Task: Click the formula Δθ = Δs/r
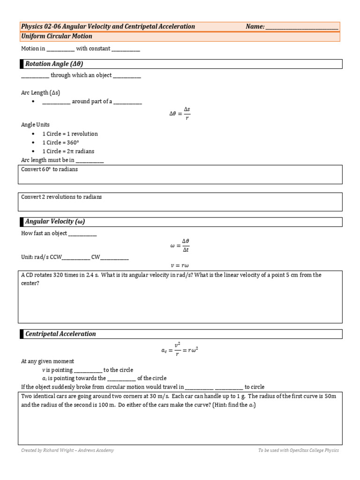[x=180, y=113]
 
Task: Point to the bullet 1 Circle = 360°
[x=60, y=142]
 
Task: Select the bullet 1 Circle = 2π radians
[x=68, y=151]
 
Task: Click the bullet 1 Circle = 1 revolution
[x=70, y=134]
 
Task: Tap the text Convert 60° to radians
[x=50, y=169]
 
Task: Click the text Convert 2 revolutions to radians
[x=61, y=197]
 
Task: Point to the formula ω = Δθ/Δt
[x=180, y=245]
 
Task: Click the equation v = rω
[x=180, y=265]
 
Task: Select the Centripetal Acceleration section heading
[x=60, y=334]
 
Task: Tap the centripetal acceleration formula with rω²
[x=180, y=351]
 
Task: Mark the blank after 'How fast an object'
[x=82, y=233]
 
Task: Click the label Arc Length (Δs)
[x=41, y=93]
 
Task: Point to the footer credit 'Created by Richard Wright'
[x=67, y=450]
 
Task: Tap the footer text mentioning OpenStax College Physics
[x=298, y=450]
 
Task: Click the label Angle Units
[x=35, y=125]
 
